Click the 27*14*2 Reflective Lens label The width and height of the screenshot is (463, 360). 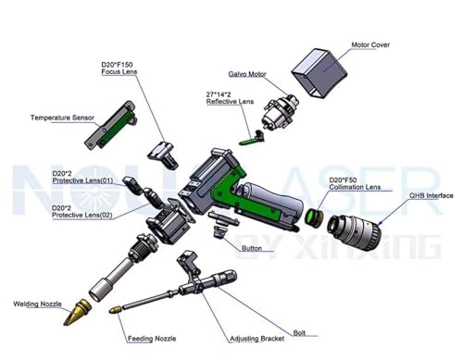pyautogui.click(x=231, y=99)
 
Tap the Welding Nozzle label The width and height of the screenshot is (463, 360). pyautogui.click(x=37, y=303)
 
